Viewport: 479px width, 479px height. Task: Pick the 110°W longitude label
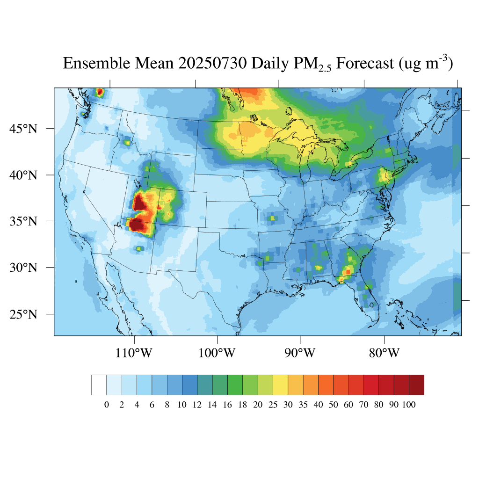pos(134,353)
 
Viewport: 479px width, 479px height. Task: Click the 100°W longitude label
pos(218,353)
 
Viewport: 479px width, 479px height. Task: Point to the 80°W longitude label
pos(385,353)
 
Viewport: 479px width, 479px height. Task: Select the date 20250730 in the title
pos(213,63)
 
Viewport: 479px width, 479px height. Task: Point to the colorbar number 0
pos(107,405)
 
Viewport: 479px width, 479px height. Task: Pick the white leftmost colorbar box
pos(99,385)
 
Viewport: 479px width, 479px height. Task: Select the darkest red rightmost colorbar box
pos(416,385)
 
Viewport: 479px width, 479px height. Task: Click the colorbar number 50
pos(333,405)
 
